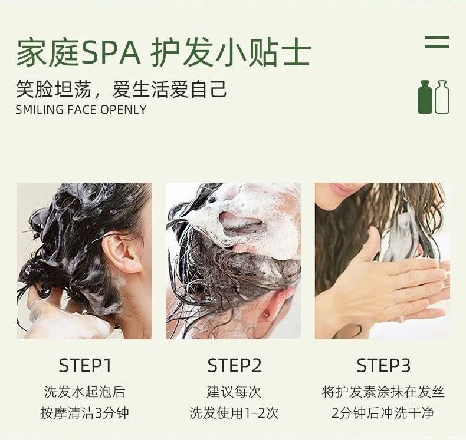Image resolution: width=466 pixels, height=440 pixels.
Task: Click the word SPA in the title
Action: (x=110, y=53)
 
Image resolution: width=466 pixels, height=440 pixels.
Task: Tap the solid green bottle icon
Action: (x=425, y=97)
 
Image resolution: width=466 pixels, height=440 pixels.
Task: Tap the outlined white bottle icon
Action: (x=442, y=97)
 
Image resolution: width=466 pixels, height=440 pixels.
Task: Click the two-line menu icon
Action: (x=437, y=42)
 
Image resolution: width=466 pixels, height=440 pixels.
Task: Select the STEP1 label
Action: (x=85, y=366)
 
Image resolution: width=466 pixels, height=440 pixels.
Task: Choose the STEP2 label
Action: (x=234, y=366)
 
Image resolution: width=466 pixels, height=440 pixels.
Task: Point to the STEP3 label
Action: (x=383, y=366)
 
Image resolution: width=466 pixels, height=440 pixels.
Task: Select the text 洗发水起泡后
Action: (x=85, y=392)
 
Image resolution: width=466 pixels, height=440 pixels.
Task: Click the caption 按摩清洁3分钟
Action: (x=85, y=413)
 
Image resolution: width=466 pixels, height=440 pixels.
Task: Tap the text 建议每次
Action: (x=234, y=392)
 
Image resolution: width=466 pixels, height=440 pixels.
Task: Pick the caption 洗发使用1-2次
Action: (x=234, y=413)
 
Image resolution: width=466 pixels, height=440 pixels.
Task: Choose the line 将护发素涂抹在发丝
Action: (x=383, y=392)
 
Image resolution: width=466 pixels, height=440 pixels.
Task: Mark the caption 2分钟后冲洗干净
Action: (x=383, y=413)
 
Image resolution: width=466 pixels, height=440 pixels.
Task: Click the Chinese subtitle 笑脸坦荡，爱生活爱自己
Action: (x=121, y=89)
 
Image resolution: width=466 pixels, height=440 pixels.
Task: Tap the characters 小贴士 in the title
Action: (x=262, y=53)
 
